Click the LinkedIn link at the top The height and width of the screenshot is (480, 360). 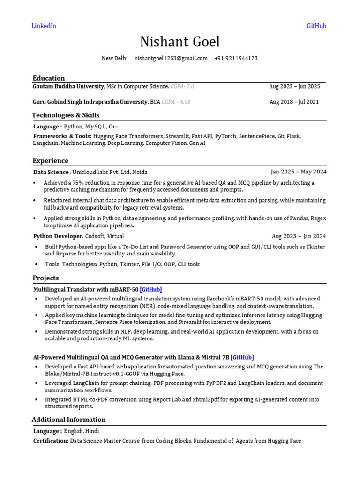pos(44,26)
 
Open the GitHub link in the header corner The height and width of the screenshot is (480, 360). pos(316,26)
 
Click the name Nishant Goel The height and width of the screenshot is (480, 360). pos(180,42)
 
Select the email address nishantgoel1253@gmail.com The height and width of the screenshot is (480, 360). pos(171,58)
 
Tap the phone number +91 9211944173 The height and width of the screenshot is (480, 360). pos(236,58)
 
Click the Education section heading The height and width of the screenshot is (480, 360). pos(49,78)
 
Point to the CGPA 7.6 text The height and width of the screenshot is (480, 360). pos(182,86)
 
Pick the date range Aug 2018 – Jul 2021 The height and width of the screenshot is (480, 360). pos(294,102)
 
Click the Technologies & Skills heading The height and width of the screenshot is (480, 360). pos(66,115)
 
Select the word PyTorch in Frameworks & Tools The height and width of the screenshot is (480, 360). pos(225,136)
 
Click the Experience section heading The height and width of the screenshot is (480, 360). pos(51,160)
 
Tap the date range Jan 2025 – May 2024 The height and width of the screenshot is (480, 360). pos(299,172)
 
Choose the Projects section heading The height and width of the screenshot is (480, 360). pos(46,277)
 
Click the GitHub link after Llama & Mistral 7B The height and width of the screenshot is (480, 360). pos(243,357)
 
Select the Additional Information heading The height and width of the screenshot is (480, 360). pos(69,419)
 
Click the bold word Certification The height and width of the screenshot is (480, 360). pos(51,441)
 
